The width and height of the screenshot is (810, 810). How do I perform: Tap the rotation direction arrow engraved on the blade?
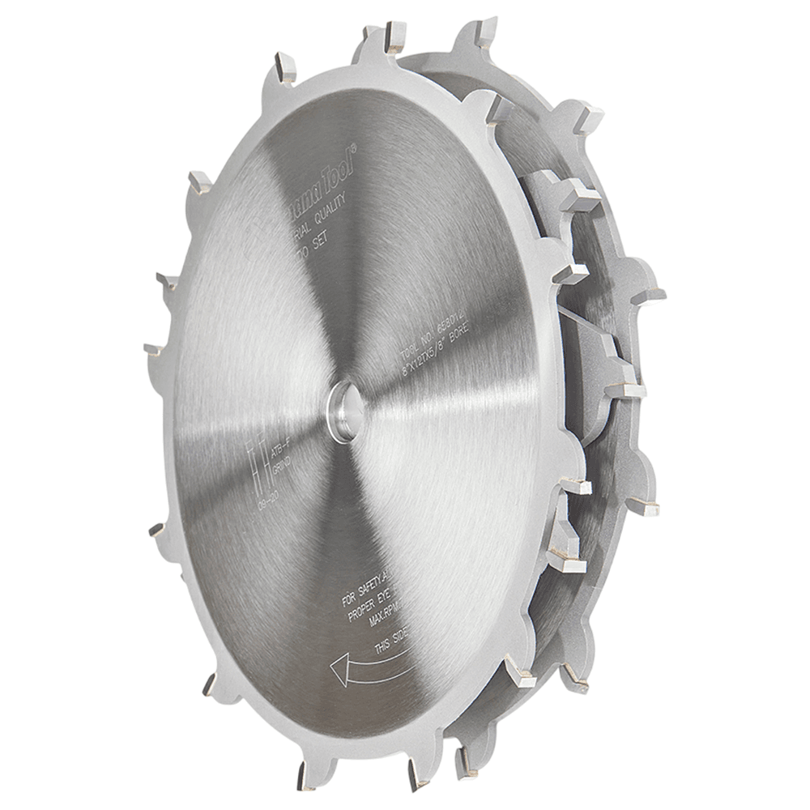[369, 667]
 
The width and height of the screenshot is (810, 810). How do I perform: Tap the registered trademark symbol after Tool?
[354, 147]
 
